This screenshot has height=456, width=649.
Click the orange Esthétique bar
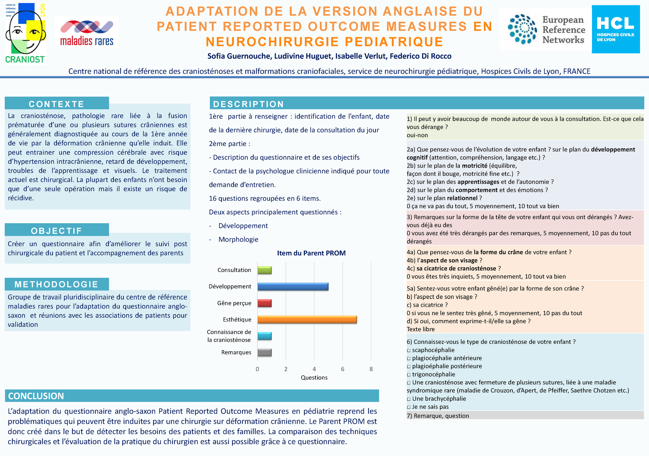click(x=307, y=320)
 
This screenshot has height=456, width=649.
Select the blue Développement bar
click(x=292, y=287)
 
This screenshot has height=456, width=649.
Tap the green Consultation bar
click(x=264, y=270)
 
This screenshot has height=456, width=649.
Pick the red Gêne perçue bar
click(x=264, y=303)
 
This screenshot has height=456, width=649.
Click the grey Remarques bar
click(x=264, y=352)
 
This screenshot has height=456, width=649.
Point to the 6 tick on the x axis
click(x=343, y=369)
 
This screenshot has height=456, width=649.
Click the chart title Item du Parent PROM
click(x=311, y=253)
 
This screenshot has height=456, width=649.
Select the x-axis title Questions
click(x=314, y=377)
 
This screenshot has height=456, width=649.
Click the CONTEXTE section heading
click(x=57, y=104)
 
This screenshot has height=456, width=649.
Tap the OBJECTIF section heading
click(x=57, y=231)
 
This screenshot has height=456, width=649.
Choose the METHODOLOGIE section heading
click(x=57, y=284)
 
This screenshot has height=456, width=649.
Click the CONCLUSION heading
click(x=36, y=396)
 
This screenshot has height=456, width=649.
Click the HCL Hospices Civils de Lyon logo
click(x=615, y=29)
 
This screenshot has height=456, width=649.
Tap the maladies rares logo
click(x=87, y=32)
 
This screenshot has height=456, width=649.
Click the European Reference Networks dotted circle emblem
click(x=522, y=29)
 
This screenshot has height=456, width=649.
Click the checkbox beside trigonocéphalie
click(x=409, y=375)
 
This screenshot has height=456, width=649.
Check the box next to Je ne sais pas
click(x=409, y=407)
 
